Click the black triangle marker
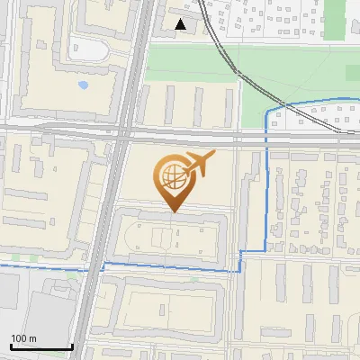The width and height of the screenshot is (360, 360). click(x=182, y=25)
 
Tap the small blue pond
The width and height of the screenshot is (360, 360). click(x=84, y=86)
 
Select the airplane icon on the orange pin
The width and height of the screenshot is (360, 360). click(x=195, y=165)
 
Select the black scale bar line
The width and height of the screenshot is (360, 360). click(x=41, y=346)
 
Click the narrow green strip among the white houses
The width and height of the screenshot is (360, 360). click(x=335, y=20)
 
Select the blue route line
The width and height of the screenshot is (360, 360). click(x=267, y=180)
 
